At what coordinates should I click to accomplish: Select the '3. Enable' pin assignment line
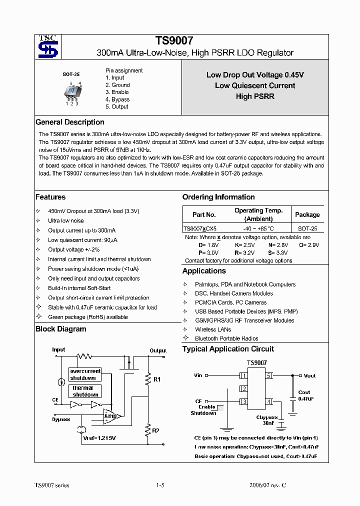pos(117,92)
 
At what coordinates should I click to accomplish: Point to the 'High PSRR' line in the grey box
pos(255,96)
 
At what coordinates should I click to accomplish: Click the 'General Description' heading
pos(69,122)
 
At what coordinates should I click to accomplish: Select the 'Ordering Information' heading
pos(218,197)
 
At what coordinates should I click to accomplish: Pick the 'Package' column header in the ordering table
pos(307,214)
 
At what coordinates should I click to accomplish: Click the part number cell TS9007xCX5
pos(200,227)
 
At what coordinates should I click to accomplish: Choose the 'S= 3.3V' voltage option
pos(280,252)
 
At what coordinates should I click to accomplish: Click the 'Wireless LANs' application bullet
pos(213,329)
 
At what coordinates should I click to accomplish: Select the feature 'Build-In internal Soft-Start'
pos(79,288)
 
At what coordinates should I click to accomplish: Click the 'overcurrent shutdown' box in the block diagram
pos(85,374)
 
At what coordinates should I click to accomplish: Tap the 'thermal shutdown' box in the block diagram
pos(85,391)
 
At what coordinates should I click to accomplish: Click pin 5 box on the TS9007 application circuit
pos(268,375)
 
